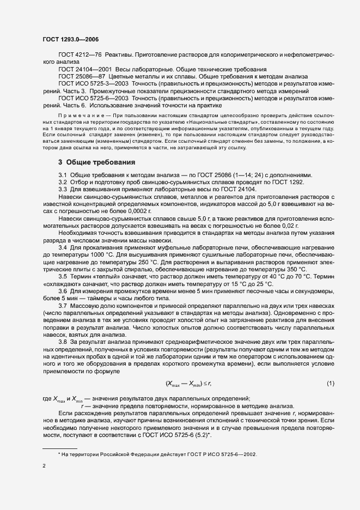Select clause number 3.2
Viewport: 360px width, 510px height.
[63, 181]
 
